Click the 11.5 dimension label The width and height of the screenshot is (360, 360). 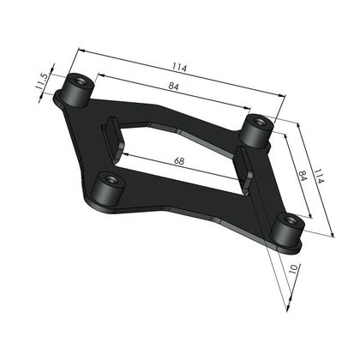click(42, 82)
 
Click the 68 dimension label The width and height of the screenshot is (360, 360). click(179, 161)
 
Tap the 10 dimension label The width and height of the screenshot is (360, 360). click(294, 269)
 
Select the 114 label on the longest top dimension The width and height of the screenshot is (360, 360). click(180, 68)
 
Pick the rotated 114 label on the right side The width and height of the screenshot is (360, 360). click(319, 177)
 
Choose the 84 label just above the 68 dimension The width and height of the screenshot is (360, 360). click(173, 86)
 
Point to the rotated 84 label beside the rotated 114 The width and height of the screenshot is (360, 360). click(303, 177)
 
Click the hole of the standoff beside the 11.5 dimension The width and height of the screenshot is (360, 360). click(81, 81)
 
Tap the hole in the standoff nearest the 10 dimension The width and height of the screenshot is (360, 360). click(291, 220)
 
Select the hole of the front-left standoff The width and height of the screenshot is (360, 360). click(110, 180)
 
